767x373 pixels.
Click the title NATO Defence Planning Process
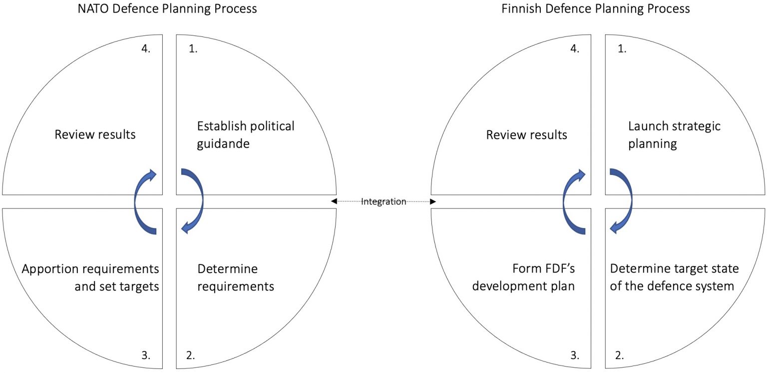click(167, 8)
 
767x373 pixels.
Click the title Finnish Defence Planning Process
click(595, 8)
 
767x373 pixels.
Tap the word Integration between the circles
click(383, 201)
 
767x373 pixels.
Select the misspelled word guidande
click(223, 144)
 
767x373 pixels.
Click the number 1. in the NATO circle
click(193, 49)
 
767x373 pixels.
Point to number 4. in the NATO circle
click(146, 49)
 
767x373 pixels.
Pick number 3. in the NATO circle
click(146, 355)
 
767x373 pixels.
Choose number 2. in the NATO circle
click(191, 355)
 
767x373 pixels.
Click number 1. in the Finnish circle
click(622, 49)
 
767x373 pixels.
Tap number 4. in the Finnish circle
click(575, 49)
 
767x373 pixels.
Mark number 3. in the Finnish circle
click(575, 355)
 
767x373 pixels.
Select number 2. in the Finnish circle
click(619, 355)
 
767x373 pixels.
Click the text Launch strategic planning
click(674, 135)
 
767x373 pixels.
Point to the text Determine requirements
click(236, 277)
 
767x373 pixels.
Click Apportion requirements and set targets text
click(90, 277)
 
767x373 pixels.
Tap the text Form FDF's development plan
click(523, 277)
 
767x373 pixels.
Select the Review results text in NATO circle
click(95, 134)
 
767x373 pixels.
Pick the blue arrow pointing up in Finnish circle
click(565, 201)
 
